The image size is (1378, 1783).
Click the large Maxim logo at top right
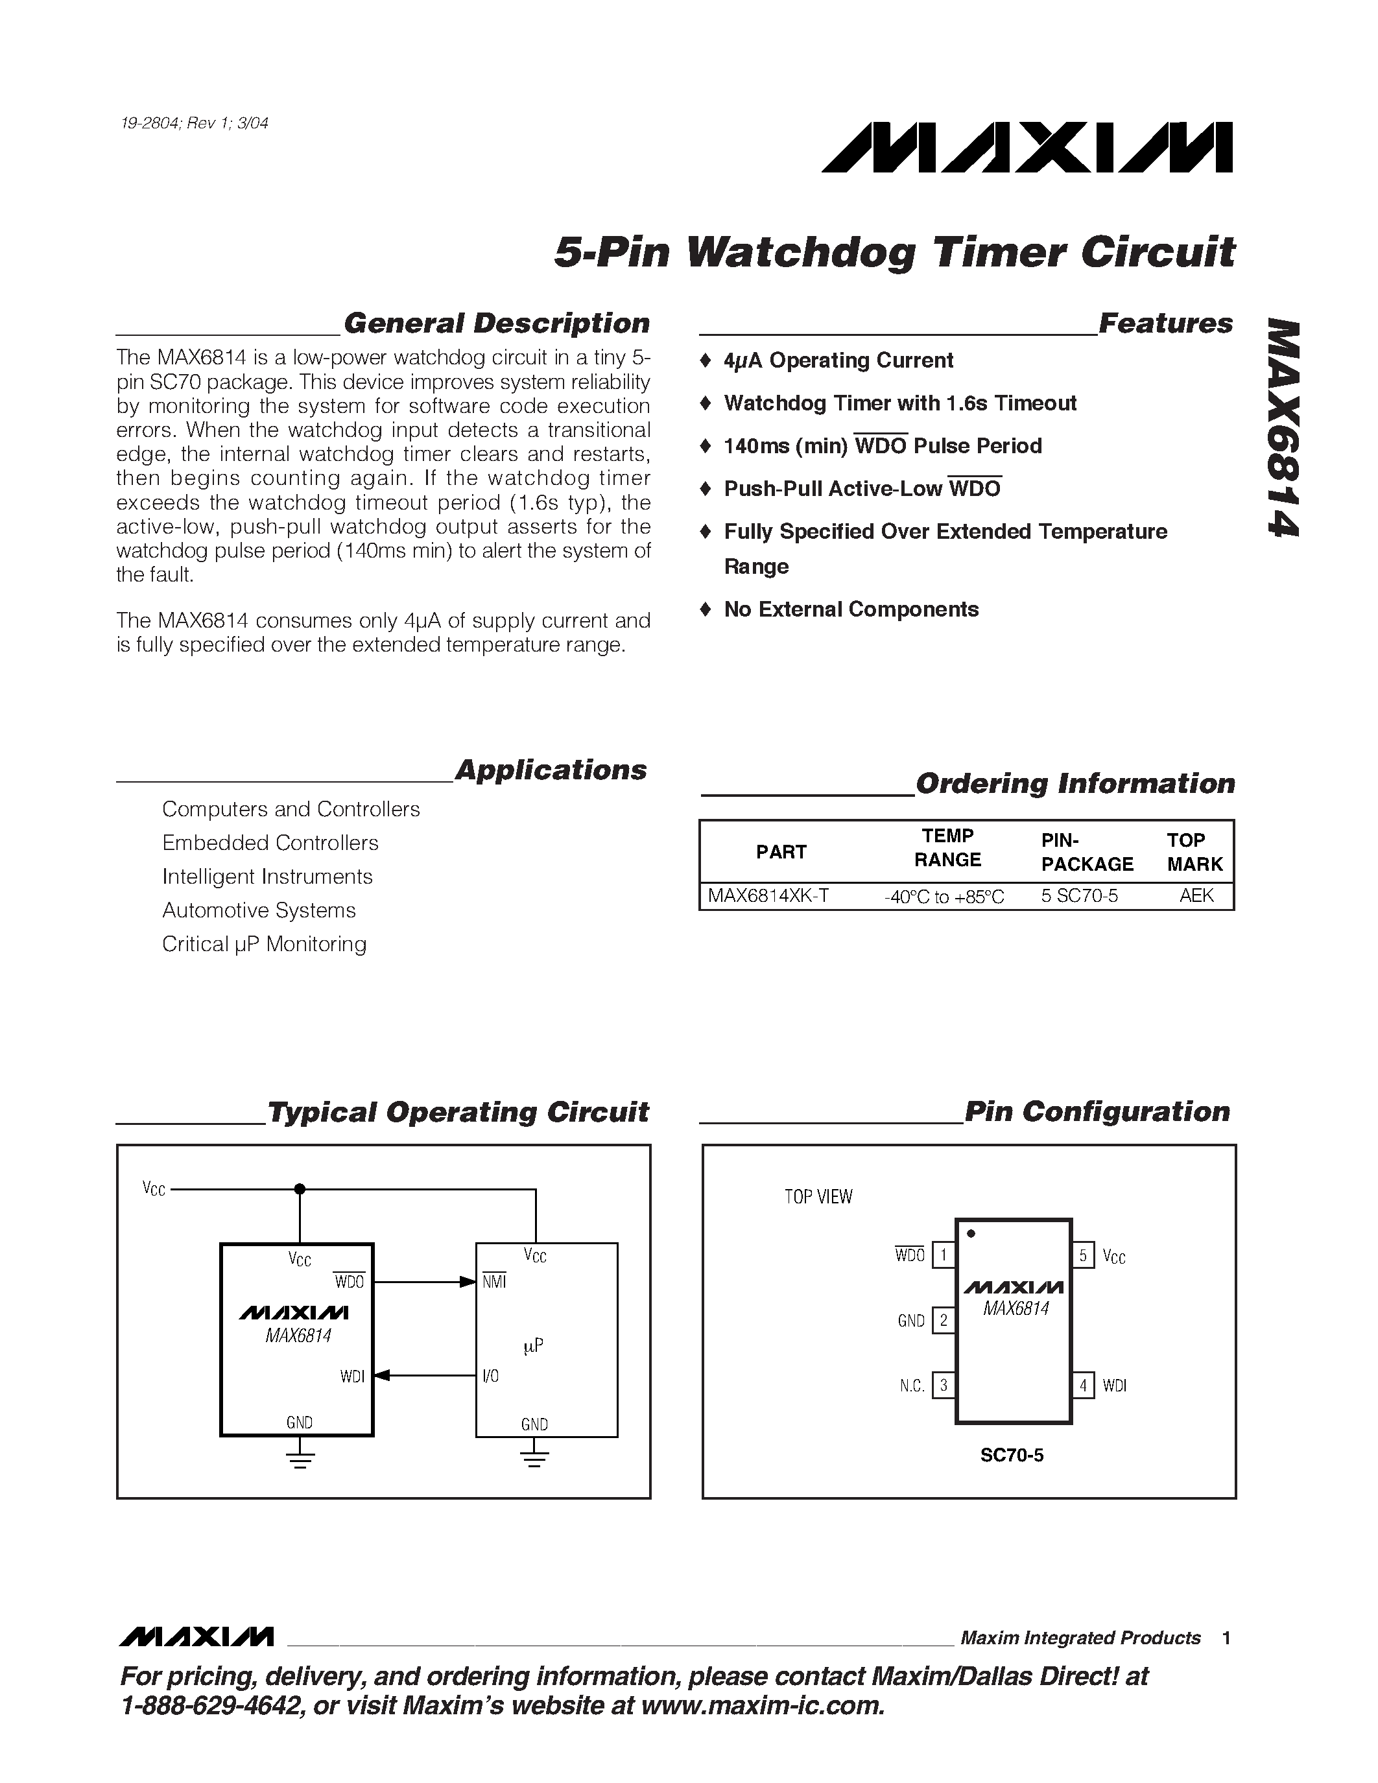(1027, 148)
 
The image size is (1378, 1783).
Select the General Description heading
(496, 324)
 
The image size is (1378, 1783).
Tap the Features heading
(1166, 324)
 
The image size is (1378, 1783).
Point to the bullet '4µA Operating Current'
(838, 361)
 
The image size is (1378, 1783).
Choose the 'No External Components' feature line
(851, 610)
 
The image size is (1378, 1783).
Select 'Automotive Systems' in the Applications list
(259, 910)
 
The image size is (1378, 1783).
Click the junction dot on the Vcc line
(300, 1190)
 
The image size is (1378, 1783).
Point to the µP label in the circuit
(533, 1345)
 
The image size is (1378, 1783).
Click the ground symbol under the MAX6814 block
(300, 1461)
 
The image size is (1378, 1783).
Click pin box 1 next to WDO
(944, 1255)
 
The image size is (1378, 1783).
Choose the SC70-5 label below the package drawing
(1012, 1455)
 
